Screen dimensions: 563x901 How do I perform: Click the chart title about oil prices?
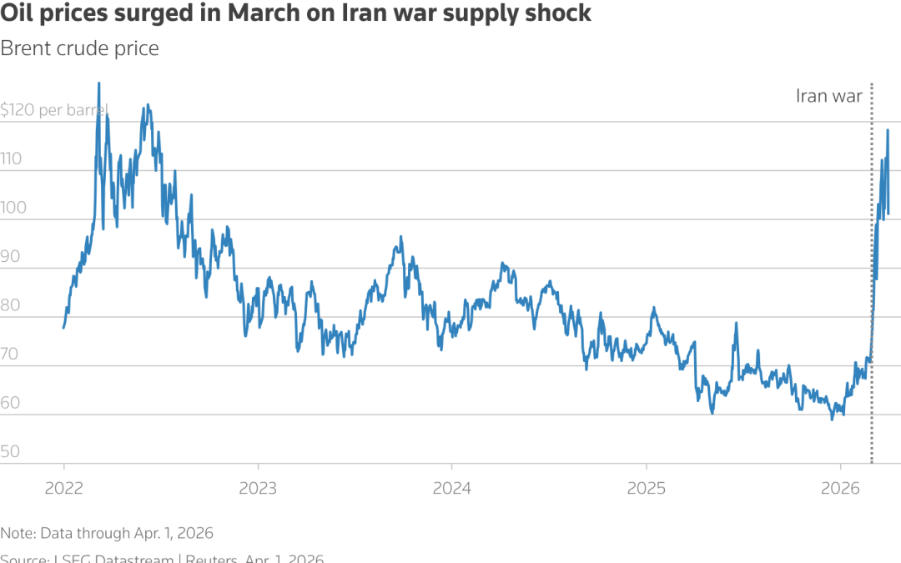[x=296, y=14]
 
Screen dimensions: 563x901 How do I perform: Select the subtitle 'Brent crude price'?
[x=79, y=48]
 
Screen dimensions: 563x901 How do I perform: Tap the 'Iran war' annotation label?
[x=829, y=96]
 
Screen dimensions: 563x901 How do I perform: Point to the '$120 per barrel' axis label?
[x=55, y=110]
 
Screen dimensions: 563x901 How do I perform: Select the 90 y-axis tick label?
[x=12, y=257]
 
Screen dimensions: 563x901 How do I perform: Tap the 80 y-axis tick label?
[x=12, y=306]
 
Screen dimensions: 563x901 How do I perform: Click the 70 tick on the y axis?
[x=12, y=354]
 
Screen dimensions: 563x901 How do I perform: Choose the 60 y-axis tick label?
[x=12, y=404]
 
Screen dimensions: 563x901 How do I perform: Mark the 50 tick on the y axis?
[x=12, y=452]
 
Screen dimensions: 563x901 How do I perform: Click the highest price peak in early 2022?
[x=99, y=83]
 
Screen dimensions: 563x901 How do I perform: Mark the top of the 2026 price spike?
[x=887, y=130]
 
